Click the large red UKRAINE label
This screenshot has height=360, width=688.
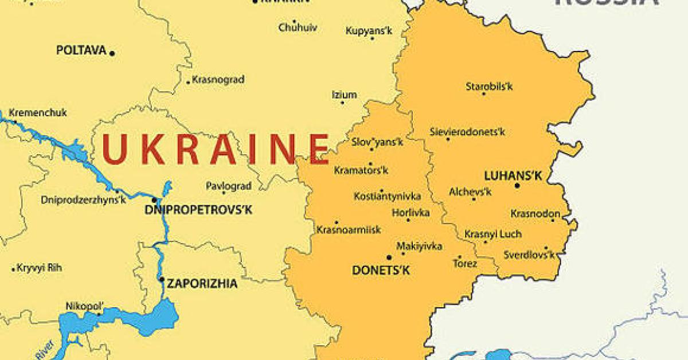(x=216, y=148)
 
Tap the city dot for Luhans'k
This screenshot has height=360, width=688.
(x=517, y=185)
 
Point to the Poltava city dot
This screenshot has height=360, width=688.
(x=112, y=53)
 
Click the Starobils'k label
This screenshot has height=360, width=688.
(x=489, y=87)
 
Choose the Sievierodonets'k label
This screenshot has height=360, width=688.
(x=468, y=132)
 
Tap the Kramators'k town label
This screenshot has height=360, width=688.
(x=361, y=170)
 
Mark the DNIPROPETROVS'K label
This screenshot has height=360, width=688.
(x=198, y=210)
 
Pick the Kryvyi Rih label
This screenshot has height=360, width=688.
(x=40, y=268)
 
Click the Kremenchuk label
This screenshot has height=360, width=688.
(x=38, y=113)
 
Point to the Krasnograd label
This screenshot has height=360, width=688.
(x=218, y=80)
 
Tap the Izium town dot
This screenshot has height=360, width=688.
(x=343, y=103)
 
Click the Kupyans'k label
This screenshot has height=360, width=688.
(x=369, y=31)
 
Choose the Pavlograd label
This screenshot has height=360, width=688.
(x=229, y=186)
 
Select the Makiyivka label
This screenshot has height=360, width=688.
(x=419, y=246)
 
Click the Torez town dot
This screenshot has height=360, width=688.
(x=459, y=257)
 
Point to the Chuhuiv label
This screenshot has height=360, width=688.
(x=298, y=27)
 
